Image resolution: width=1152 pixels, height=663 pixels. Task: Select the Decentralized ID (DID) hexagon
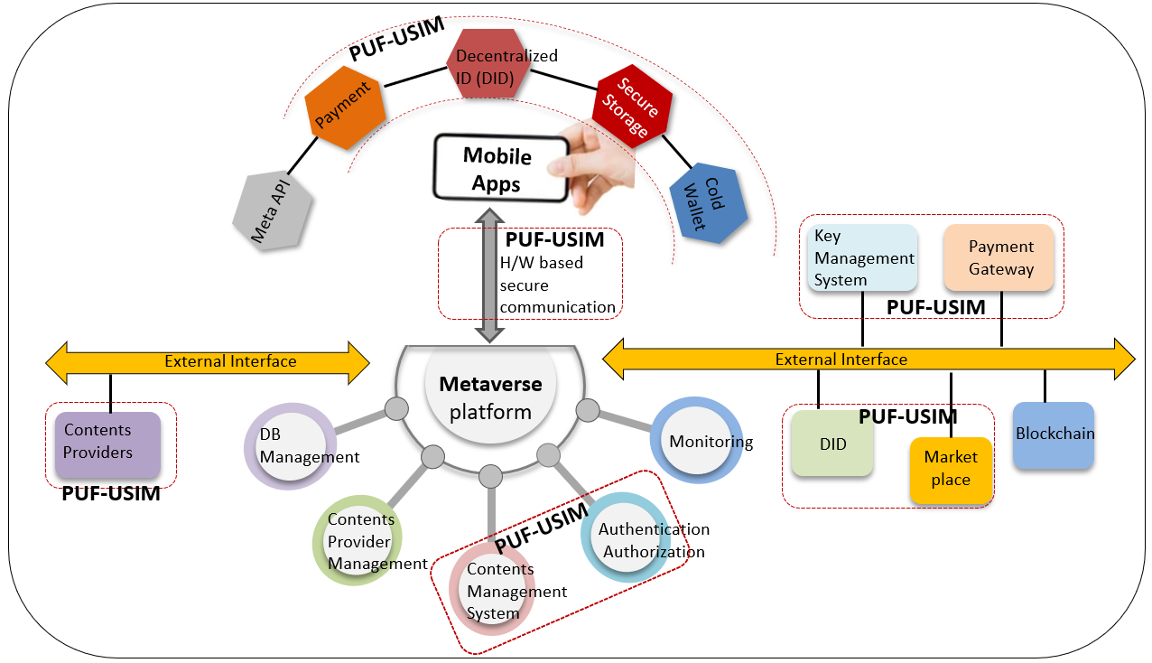488,64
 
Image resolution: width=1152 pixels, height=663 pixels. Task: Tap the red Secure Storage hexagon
632,107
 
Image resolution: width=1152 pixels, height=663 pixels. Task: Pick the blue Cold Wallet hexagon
709,202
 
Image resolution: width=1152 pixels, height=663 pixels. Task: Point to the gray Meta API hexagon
272,210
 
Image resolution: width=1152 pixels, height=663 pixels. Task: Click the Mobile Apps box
501,168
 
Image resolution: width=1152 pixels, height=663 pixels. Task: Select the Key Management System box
863,257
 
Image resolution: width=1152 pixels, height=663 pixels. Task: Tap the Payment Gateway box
999,257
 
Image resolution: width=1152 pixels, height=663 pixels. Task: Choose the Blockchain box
1054,435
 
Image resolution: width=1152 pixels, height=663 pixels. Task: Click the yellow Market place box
951,470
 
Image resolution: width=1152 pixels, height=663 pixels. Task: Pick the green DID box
832,443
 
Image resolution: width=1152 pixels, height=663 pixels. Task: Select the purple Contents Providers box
108,445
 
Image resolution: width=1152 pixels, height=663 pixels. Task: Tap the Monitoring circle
696,440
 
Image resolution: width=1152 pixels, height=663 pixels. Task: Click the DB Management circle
291,446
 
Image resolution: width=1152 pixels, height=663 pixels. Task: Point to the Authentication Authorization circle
626,537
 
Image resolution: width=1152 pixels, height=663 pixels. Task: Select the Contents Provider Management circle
357,540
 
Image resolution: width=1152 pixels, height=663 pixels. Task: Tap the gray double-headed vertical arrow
489,275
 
